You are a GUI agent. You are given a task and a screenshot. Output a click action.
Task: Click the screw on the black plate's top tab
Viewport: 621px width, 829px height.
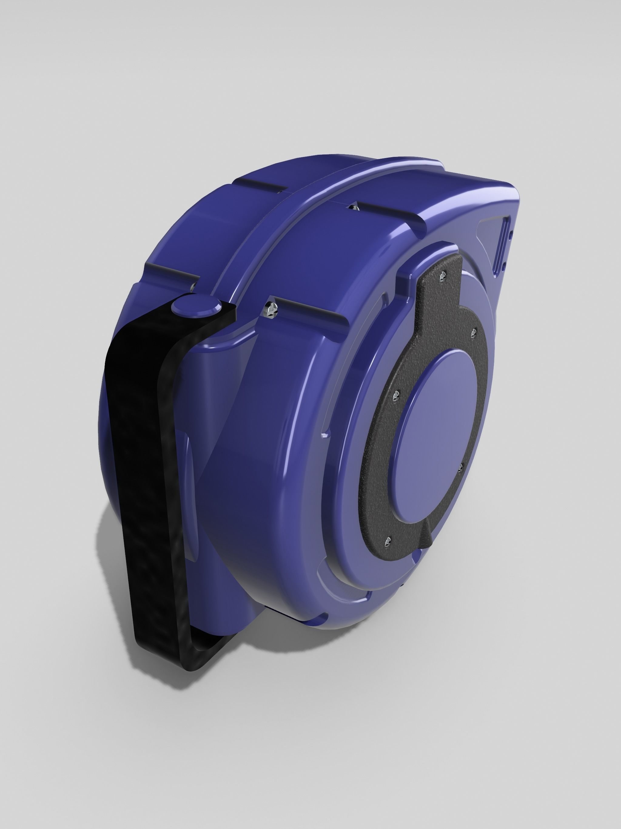pyautogui.click(x=443, y=276)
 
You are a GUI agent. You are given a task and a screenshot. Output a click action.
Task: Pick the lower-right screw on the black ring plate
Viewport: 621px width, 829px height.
pyautogui.click(x=461, y=466)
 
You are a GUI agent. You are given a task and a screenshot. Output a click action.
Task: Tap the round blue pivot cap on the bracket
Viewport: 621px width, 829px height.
pyautogui.click(x=196, y=304)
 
